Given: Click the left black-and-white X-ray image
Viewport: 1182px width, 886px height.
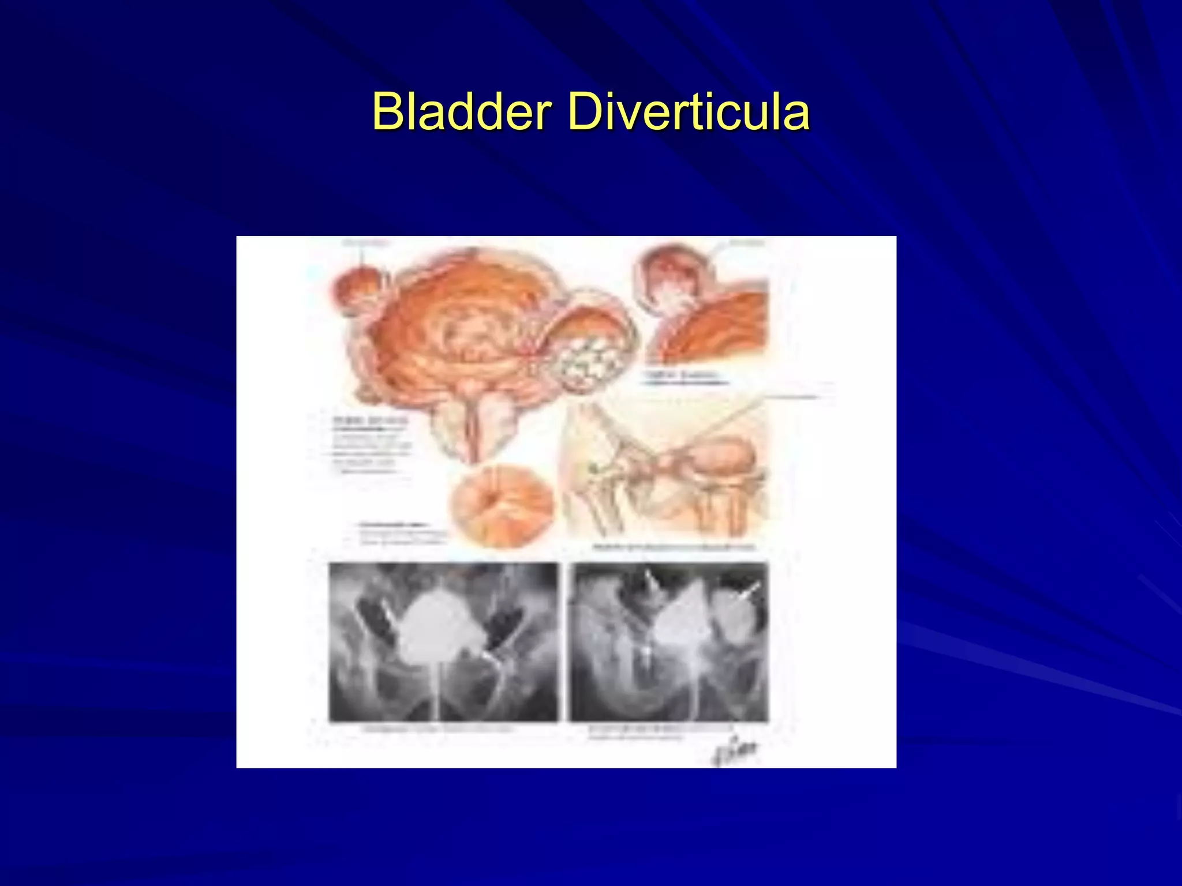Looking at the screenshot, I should click(443, 641).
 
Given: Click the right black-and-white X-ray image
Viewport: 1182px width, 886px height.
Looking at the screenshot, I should click(668, 641).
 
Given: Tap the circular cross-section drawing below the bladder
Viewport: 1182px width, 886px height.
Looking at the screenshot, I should click(501, 505).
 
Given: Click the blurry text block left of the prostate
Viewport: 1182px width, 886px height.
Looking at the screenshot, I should click(369, 444).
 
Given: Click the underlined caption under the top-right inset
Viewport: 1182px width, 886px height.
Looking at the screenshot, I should click(684, 378).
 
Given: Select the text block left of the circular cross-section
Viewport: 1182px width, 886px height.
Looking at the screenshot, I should click(398, 534).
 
